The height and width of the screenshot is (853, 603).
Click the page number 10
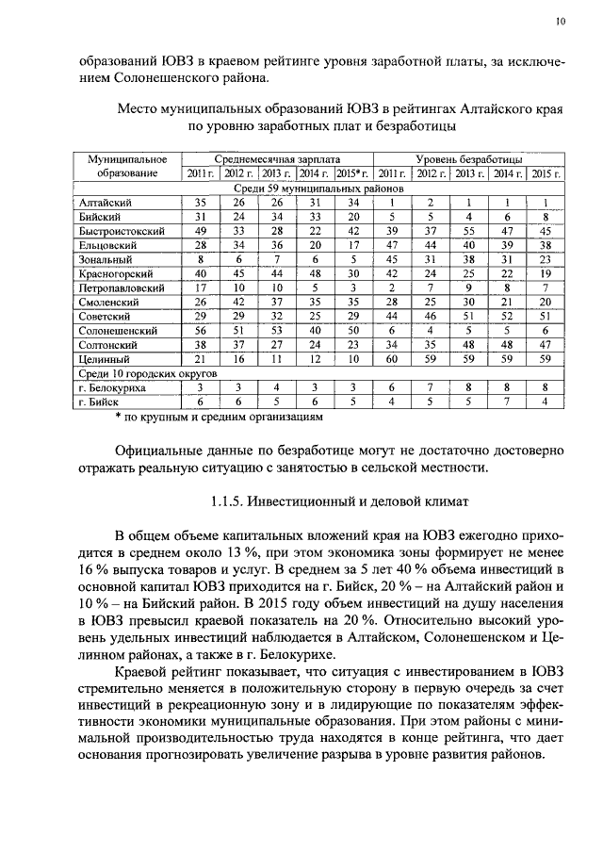pos(561,21)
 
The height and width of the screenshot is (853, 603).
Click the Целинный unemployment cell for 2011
pos(388,359)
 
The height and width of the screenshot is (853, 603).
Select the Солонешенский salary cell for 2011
pos(200,331)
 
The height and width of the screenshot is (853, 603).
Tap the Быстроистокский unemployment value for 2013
pos(464,230)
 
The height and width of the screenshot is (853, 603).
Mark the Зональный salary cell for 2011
pos(200,258)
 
